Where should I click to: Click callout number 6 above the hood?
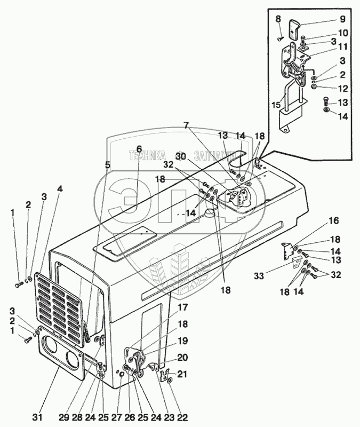pos(139,149)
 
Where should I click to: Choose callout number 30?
pos(181,158)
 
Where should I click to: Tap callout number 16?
pos(333,220)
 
